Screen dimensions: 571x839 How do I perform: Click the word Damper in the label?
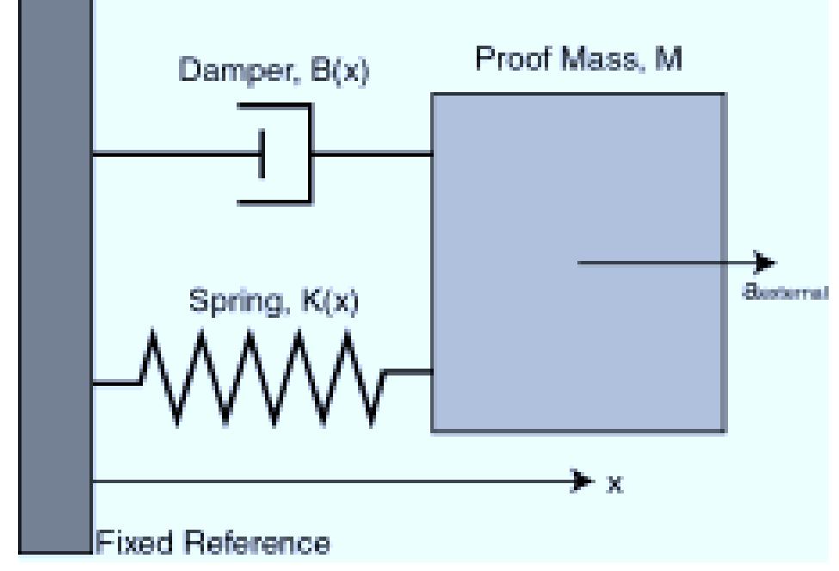pos(230,71)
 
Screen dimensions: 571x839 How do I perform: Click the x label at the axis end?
pos(614,483)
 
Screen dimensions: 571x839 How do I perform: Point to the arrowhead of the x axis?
pos(582,479)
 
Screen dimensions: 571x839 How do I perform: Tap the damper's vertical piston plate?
pos(262,155)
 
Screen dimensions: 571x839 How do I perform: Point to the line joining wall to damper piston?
pos(172,155)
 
